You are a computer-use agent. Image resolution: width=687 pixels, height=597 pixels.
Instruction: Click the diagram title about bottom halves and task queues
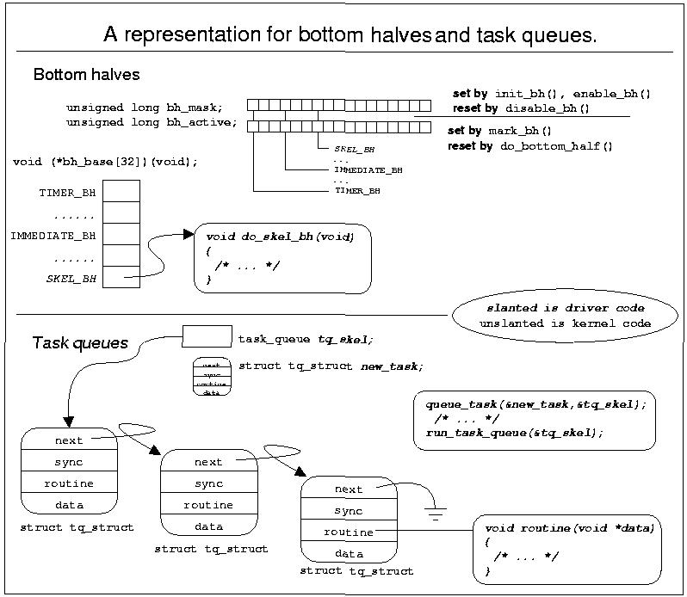coord(350,35)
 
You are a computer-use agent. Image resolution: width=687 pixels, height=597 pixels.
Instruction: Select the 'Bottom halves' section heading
coord(86,76)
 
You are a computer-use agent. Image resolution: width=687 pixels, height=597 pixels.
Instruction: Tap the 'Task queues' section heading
coord(80,343)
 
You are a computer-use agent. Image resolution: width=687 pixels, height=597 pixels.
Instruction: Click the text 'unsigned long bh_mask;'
coord(145,108)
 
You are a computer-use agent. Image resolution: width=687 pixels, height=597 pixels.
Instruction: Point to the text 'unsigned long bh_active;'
coord(152,122)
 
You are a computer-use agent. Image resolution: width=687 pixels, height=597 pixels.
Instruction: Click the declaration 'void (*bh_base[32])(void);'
coord(105,162)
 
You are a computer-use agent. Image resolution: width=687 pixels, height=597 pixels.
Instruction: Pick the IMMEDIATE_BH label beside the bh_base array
coord(53,234)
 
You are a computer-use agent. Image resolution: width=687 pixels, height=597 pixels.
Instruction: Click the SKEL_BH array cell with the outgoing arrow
coord(121,276)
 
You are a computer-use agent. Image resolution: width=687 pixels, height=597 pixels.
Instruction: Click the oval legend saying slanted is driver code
coord(565,315)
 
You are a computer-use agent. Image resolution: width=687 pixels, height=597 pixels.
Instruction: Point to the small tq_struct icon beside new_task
coord(211,376)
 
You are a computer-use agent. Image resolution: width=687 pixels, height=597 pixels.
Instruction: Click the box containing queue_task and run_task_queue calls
coord(534,419)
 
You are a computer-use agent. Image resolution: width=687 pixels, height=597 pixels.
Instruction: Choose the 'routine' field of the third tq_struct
coord(348,532)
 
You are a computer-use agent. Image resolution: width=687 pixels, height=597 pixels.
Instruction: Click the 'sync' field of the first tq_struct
coord(69,462)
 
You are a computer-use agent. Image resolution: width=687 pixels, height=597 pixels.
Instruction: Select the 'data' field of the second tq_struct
coord(208,526)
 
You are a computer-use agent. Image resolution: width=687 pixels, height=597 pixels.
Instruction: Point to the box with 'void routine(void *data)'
coord(569,548)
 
